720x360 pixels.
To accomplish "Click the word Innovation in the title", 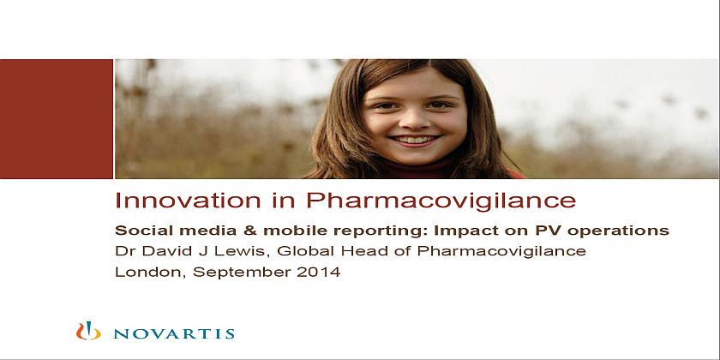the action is click(x=188, y=201).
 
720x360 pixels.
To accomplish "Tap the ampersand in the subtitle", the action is click(x=250, y=230).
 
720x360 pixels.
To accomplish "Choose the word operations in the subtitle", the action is click(x=618, y=231).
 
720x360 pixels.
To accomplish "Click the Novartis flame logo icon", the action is click(x=88, y=331).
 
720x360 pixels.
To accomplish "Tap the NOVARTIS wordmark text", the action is click(x=174, y=333).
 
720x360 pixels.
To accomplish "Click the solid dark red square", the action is click(x=57, y=118).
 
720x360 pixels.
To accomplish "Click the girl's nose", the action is click(x=416, y=120).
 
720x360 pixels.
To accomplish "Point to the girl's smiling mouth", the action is click(x=416, y=140).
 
